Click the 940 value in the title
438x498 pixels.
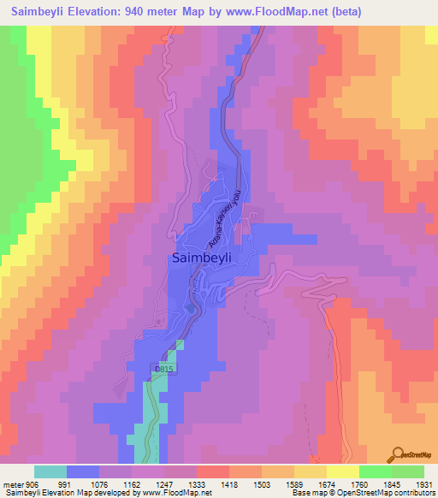[x=140, y=12]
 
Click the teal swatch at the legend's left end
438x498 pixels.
[x=50, y=471]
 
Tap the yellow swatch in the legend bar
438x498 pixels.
[x=343, y=471]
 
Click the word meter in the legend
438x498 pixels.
[x=13, y=483]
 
